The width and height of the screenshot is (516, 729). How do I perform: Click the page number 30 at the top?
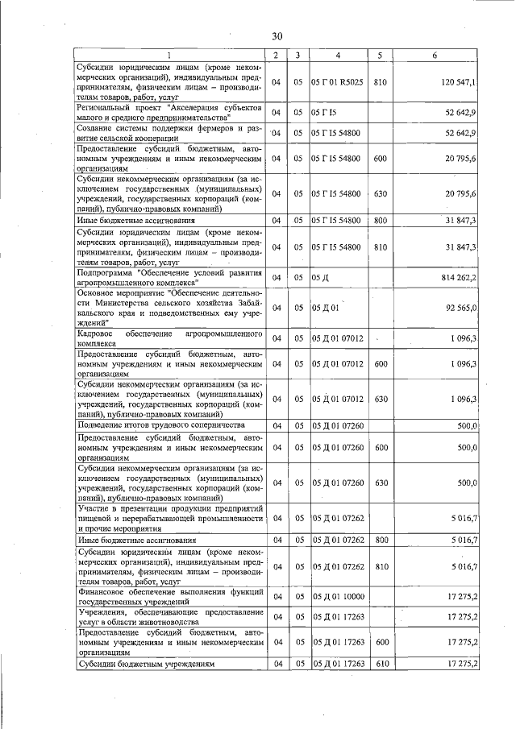coord(277,36)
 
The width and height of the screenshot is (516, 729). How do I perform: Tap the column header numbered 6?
coord(435,55)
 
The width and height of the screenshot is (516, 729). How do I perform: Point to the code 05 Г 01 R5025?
coord(337,81)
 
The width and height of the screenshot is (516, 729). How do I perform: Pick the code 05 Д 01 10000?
coord(338,596)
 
